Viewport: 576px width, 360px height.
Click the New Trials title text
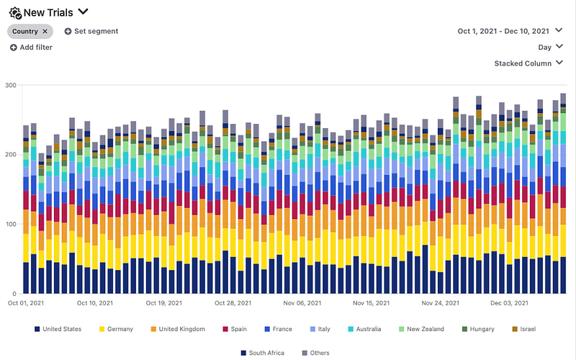coord(48,12)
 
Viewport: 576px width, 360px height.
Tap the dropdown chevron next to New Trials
coord(84,12)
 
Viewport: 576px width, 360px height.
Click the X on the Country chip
coord(45,32)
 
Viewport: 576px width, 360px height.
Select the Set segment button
coord(91,32)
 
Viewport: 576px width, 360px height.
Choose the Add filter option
coord(32,48)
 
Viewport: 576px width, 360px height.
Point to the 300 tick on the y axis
coord(11,85)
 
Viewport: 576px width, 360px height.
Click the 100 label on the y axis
coord(11,225)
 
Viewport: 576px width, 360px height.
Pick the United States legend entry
coord(62,329)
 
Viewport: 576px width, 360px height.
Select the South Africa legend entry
coord(264,353)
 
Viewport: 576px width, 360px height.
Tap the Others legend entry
coord(318,353)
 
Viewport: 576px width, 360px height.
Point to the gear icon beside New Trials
coord(14,12)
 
